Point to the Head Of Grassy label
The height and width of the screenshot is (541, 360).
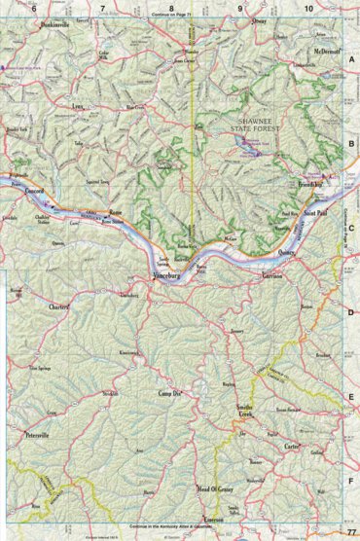pyautogui.click(x=216, y=486)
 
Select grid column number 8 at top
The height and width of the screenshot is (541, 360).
pyautogui.click(x=171, y=8)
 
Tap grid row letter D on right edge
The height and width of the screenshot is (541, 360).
pyautogui.click(x=350, y=312)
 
